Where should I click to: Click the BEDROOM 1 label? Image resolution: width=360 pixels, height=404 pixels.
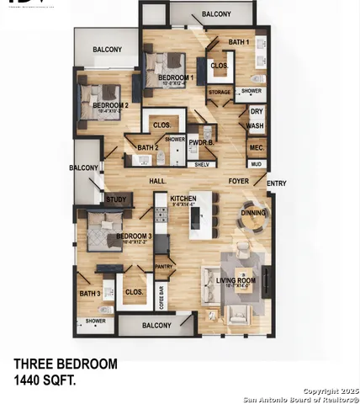pyautogui.click(x=177, y=77)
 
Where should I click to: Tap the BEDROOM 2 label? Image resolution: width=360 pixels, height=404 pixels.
pyautogui.click(x=110, y=104)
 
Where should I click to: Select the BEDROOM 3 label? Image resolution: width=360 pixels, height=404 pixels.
pyautogui.click(x=133, y=237)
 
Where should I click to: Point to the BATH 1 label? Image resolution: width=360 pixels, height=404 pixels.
pyautogui.click(x=239, y=41)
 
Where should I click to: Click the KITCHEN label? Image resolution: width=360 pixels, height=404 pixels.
pyautogui.click(x=183, y=198)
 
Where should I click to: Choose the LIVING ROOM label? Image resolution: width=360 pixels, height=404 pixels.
pyautogui.click(x=236, y=281)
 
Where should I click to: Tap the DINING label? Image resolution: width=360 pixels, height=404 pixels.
pyautogui.click(x=253, y=213)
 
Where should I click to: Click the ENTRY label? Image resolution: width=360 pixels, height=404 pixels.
pyautogui.click(x=276, y=183)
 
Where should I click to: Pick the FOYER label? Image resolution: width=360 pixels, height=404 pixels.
pyautogui.click(x=240, y=181)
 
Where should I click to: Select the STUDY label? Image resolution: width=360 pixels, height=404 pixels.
pyautogui.click(x=115, y=199)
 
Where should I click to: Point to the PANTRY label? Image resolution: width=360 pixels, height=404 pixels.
pyautogui.click(x=164, y=267)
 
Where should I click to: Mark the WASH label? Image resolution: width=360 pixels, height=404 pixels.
pyautogui.click(x=256, y=126)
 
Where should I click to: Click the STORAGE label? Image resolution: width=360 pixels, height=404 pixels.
pyautogui.click(x=220, y=92)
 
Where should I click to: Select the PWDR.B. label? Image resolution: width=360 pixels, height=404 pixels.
pyautogui.click(x=200, y=143)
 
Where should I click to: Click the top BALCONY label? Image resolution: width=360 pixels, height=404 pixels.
pyautogui.click(x=217, y=14)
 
